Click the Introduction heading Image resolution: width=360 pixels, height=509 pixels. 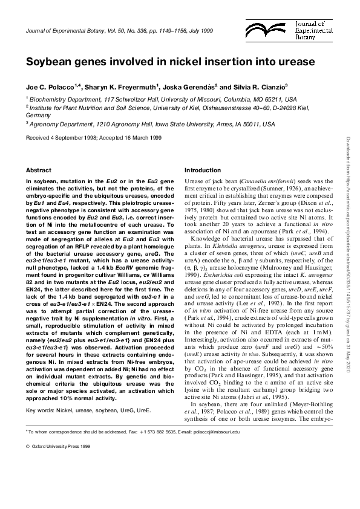point(204,170)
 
